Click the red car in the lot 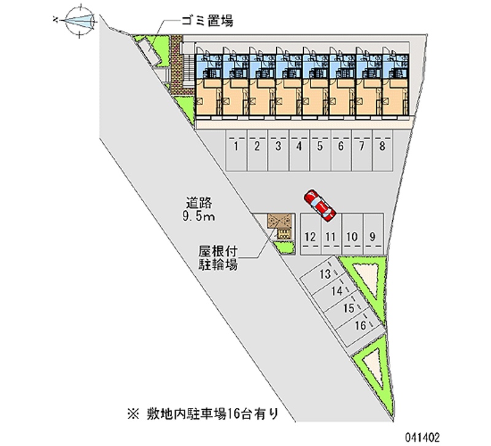320,205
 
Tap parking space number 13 326,274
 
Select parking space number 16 361,325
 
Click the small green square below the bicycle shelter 284,247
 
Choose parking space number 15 349,308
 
